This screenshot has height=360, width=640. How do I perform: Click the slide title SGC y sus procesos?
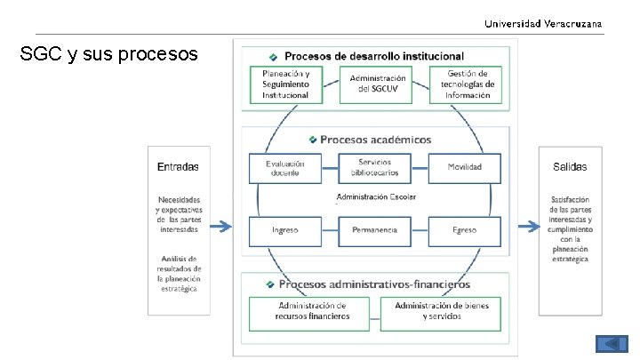tap(108, 55)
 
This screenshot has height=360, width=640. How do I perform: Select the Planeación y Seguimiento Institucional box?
tap(285, 84)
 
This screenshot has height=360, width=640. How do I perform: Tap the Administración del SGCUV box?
tap(377, 84)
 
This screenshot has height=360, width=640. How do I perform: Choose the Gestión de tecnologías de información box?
tap(465, 84)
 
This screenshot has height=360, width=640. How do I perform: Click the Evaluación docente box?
tap(284, 168)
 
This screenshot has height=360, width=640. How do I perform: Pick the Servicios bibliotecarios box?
tap(374, 166)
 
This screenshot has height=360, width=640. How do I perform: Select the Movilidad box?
tap(464, 167)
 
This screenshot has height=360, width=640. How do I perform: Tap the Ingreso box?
tap(284, 230)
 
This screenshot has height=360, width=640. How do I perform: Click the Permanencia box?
tap(374, 230)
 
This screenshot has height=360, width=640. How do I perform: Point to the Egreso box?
tap(464, 230)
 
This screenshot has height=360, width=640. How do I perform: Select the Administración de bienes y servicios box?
tap(442, 311)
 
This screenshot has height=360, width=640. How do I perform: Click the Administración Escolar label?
tap(376, 196)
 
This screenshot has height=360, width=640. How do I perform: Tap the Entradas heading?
tap(178, 167)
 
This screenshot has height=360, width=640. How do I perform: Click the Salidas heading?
tap(569, 167)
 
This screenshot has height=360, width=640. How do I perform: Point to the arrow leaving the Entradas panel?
tap(220, 228)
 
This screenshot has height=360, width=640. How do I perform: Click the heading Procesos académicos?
tap(375, 140)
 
